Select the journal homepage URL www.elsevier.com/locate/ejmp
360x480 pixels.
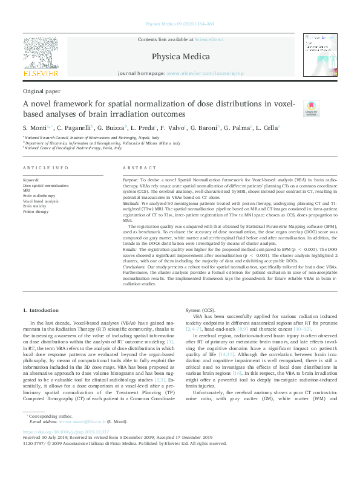tap(205, 73)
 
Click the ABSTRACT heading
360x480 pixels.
tap(136, 167)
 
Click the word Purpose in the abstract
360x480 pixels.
tap(130, 180)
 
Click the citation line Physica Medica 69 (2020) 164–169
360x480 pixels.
tap(180, 24)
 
